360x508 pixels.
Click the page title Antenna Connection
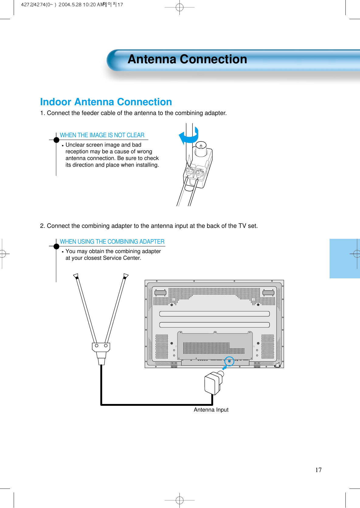[x=187, y=59]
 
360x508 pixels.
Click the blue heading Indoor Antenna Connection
[x=106, y=102]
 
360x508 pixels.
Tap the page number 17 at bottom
[x=318, y=470]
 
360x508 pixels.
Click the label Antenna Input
[x=211, y=410]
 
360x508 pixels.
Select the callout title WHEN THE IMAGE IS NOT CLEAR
[x=102, y=135]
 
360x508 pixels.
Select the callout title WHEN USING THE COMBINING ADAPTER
[x=112, y=242]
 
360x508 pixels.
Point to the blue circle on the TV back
[x=229, y=361]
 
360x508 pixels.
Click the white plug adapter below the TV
[x=213, y=384]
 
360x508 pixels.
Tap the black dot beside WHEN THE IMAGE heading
[x=56, y=140]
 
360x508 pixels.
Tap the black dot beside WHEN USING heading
[x=56, y=246]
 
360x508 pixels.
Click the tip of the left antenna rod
[x=76, y=276]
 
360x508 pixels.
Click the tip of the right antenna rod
[x=126, y=276]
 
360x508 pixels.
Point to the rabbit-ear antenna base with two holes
[x=101, y=346]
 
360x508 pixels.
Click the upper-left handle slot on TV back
[x=160, y=293]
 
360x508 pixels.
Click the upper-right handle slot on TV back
[x=268, y=293]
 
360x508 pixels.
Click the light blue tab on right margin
[x=344, y=259]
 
